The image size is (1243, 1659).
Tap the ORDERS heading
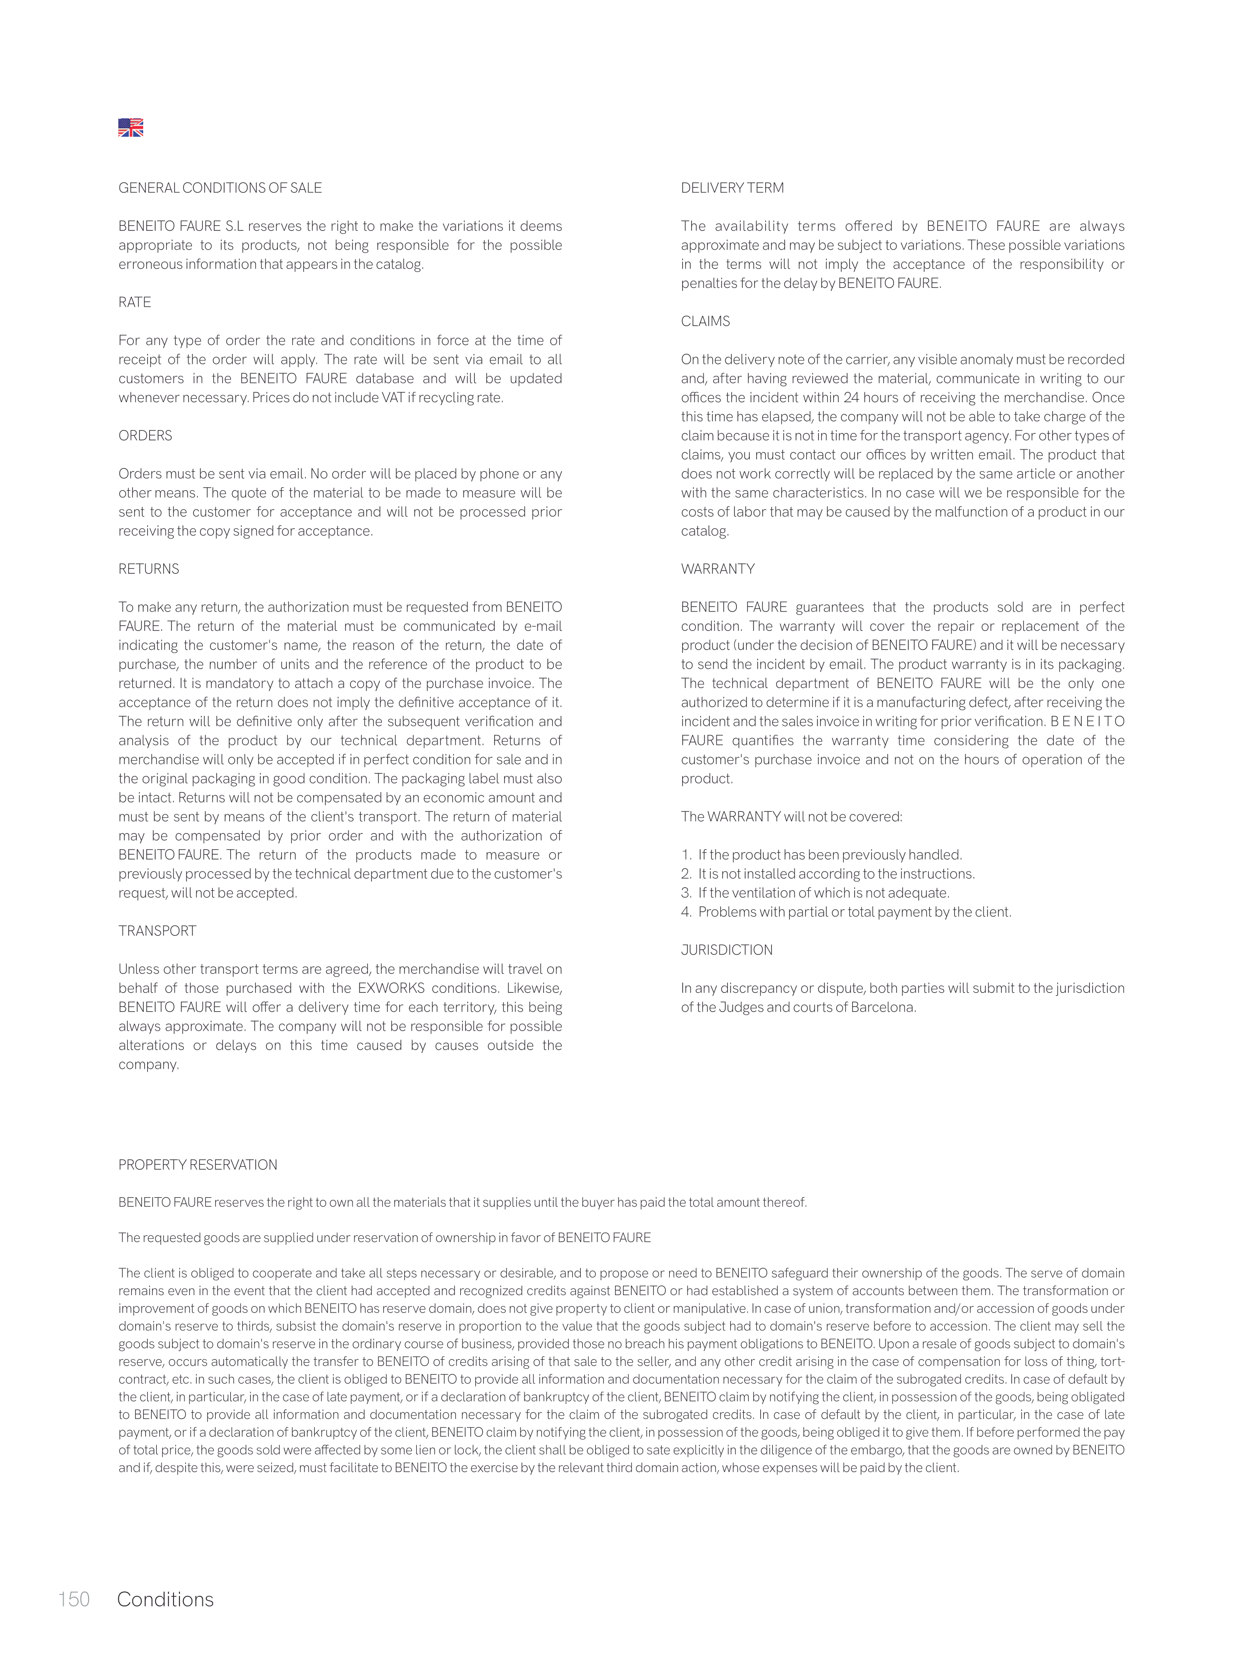tap(145, 436)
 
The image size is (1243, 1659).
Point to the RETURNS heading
tap(149, 569)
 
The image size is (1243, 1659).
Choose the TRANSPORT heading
tap(157, 931)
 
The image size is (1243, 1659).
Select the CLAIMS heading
tap(705, 321)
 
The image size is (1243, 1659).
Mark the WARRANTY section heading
tap(717, 569)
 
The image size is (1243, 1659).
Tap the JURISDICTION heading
tap(726, 950)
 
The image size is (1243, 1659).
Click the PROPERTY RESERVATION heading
tap(197, 1165)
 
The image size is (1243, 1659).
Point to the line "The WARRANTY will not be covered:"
tap(792, 817)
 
